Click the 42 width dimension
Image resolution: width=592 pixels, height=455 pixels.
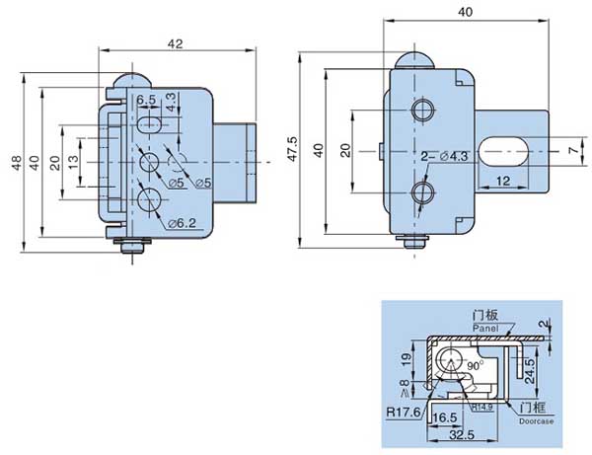[x=176, y=42]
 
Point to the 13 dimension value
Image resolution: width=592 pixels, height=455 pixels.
[x=75, y=163]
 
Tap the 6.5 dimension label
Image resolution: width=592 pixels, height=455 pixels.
[x=146, y=101]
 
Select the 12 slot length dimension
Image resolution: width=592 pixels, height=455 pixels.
[x=503, y=181]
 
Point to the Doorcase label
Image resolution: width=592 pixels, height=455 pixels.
[x=529, y=421]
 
